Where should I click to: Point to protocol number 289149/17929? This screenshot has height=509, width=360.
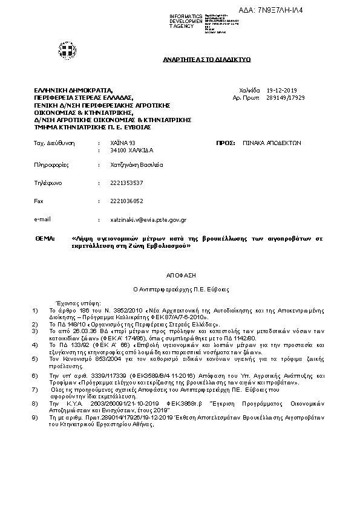(285, 97)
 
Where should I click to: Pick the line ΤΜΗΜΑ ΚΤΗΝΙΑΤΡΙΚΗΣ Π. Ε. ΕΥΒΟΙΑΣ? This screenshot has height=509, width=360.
(93, 127)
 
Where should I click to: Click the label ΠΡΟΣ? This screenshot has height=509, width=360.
(226, 142)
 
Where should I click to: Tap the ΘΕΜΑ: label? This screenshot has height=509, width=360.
(46, 238)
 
